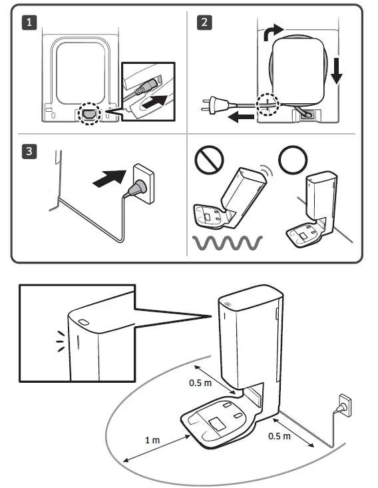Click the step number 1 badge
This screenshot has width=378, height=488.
(x=29, y=23)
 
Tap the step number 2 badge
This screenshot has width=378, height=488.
(x=204, y=23)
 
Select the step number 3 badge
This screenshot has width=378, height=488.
(x=29, y=151)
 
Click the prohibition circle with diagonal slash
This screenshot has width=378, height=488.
(x=209, y=160)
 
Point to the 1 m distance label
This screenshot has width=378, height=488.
(x=152, y=440)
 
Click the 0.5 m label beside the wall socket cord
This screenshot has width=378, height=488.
(x=280, y=436)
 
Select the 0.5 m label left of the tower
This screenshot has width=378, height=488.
(x=200, y=383)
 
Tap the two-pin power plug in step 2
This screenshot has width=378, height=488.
(x=215, y=105)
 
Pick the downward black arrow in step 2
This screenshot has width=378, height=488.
(x=337, y=70)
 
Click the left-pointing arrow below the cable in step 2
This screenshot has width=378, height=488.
(x=241, y=117)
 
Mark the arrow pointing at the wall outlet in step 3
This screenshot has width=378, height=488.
(x=110, y=178)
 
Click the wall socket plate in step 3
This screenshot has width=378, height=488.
(x=144, y=184)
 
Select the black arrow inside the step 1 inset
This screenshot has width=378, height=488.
(x=154, y=102)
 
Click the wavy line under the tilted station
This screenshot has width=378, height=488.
(x=228, y=243)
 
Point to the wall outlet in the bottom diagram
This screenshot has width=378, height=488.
(x=345, y=405)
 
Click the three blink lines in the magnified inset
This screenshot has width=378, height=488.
(x=61, y=342)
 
